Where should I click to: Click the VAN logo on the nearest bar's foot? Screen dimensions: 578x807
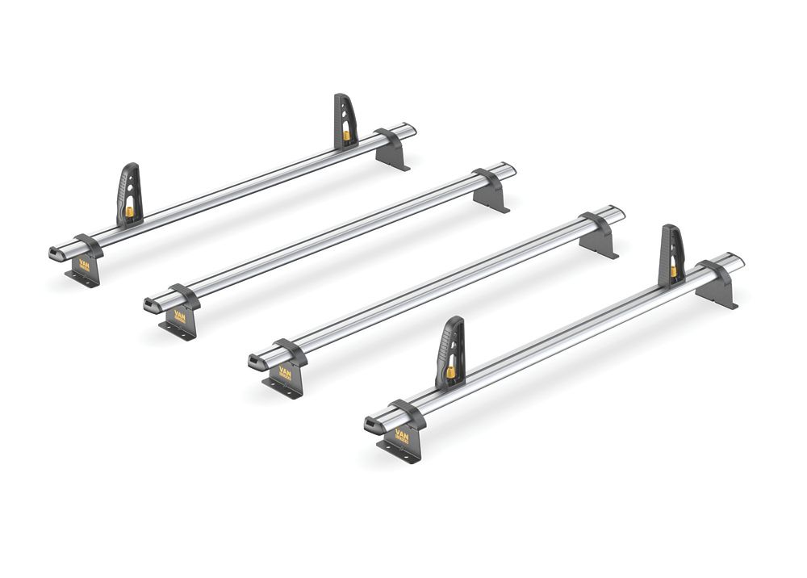402,440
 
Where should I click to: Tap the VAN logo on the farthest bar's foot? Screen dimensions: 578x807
84,265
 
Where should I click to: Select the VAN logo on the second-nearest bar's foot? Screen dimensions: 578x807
284,373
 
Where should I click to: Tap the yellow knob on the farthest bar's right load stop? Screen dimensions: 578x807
346,135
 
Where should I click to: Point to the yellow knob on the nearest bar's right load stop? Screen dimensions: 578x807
673,271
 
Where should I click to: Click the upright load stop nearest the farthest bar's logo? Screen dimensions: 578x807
130,194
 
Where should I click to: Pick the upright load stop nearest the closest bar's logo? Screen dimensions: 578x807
450,351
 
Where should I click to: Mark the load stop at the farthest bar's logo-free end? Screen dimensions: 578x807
345,121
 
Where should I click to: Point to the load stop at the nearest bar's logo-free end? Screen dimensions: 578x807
671,254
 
